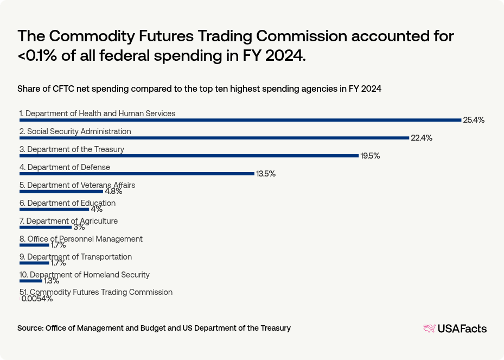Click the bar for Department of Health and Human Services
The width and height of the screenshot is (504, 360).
(240, 120)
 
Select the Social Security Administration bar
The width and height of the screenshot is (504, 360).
(214, 138)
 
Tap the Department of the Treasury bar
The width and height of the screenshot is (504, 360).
(189, 156)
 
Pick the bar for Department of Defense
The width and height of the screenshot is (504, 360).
(137, 174)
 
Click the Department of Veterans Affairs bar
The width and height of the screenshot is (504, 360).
(61, 192)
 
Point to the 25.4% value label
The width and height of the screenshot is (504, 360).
(474, 120)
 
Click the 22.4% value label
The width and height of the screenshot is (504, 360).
(422, 138)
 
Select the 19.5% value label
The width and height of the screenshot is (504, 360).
(370, 156)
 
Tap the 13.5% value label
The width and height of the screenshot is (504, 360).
(266, 174)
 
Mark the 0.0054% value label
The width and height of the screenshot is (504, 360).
(37, 299)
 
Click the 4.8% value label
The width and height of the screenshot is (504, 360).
(113, 191)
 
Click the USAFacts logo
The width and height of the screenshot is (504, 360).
(455, 329)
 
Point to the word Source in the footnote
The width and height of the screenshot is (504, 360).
(30, 328)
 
